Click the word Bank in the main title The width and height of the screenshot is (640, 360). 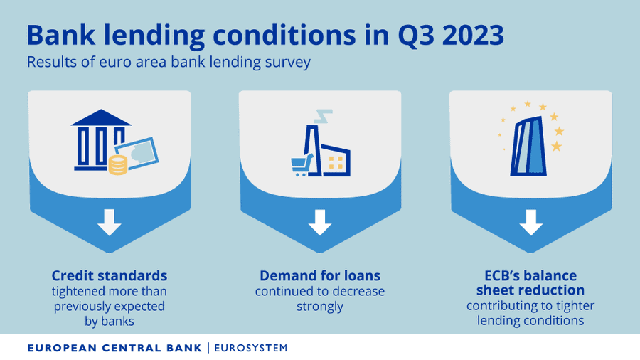pos(61,35)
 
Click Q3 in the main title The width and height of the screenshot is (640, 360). pos(415,36)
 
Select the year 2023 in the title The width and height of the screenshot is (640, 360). pos(473,35)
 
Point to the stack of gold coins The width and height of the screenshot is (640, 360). pos(118,165)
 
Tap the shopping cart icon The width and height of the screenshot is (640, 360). pos(302,165)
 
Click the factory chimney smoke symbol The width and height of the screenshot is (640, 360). pos(324,117)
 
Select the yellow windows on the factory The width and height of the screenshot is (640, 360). pos(336,162)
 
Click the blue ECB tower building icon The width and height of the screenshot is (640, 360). pos(528,146)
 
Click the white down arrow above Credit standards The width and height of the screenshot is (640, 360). pos(110,223)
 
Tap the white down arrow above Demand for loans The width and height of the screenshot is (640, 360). pos(320,223)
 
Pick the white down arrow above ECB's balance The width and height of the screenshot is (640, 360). pos(530,223)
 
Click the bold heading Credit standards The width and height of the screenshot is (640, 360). pos(110,276)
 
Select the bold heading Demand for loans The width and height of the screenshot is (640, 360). pos(320,276)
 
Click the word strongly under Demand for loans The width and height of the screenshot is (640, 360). pos(320,307)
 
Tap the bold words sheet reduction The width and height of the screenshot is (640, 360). pos(530,290)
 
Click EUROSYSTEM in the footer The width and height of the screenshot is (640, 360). pos(251,348)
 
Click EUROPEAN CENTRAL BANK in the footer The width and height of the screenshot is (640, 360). pos(114,348)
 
